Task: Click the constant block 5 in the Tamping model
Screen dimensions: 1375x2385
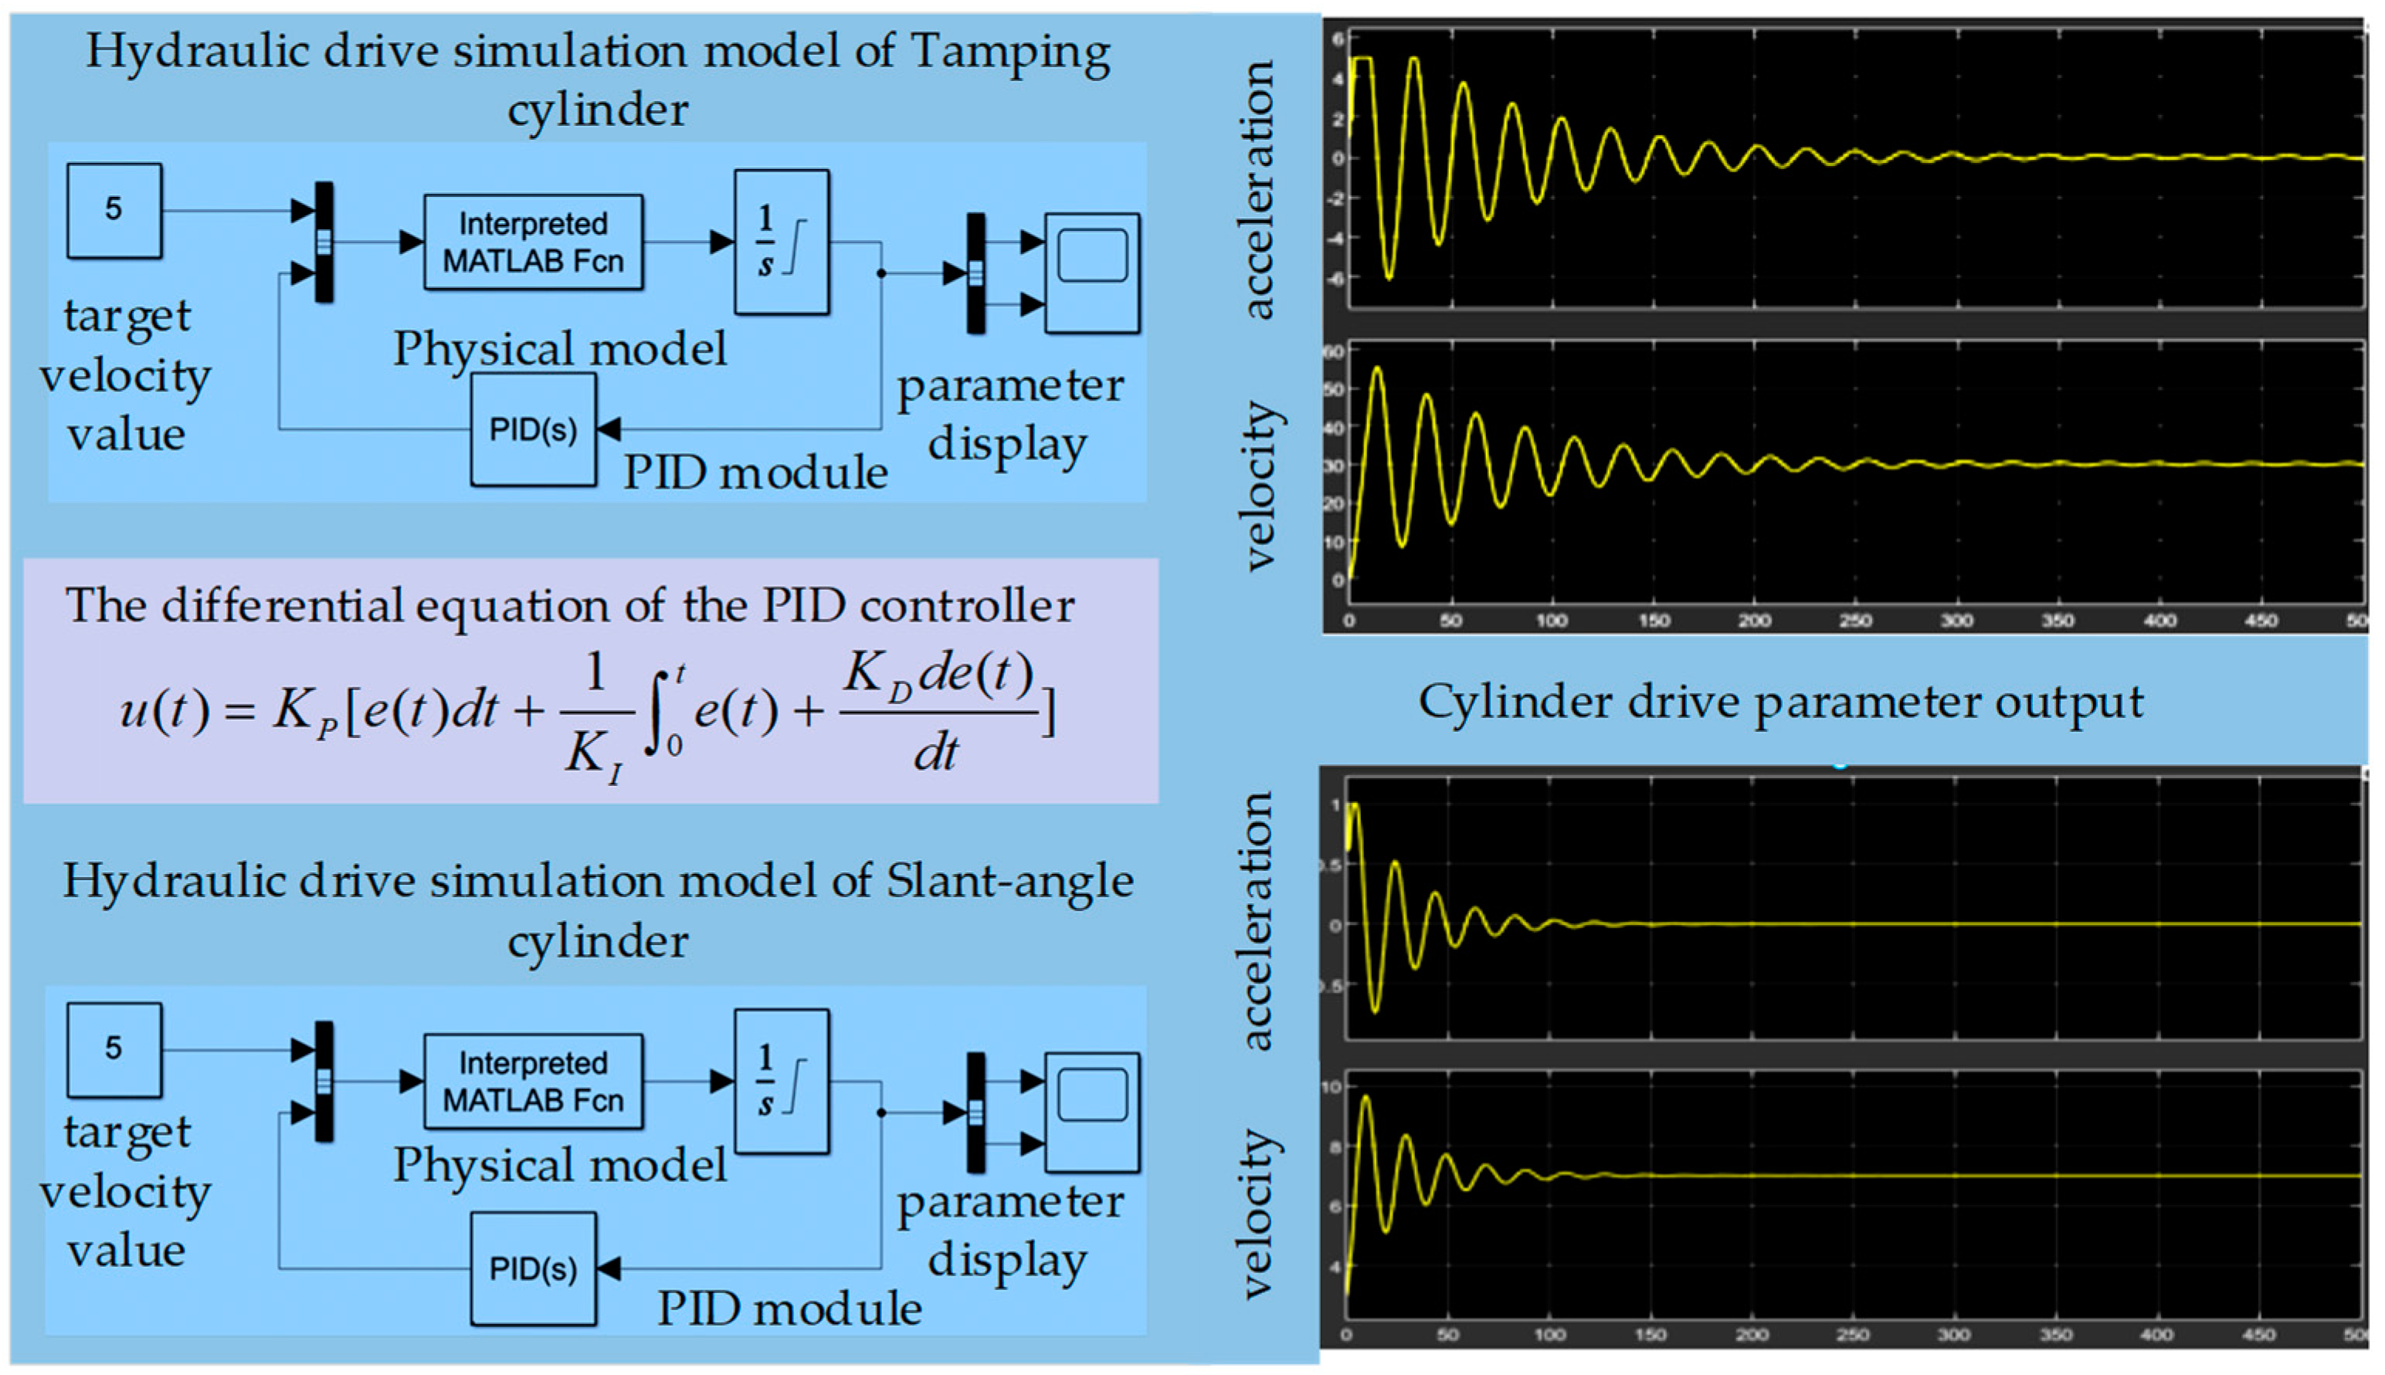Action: [114, 211]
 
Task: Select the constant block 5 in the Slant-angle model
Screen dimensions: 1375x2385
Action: [114, 1049]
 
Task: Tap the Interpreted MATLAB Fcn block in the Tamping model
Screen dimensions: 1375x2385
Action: [534, 242]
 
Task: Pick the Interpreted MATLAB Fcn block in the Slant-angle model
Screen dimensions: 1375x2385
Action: [534, 1082]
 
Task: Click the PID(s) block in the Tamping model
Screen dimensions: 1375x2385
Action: [534, 430]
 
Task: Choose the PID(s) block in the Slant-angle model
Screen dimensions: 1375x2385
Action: [534, 1268]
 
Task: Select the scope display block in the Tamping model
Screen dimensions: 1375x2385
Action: [1092, 273]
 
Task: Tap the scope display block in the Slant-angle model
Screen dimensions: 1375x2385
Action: [1092, 1112]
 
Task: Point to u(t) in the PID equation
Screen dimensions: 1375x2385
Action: [165, 710]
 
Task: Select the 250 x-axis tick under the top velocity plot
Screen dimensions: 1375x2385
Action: [1856, 621]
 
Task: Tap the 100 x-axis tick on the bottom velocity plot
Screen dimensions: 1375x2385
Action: [1549, 1334]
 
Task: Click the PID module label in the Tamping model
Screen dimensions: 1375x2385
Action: [755, 472]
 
